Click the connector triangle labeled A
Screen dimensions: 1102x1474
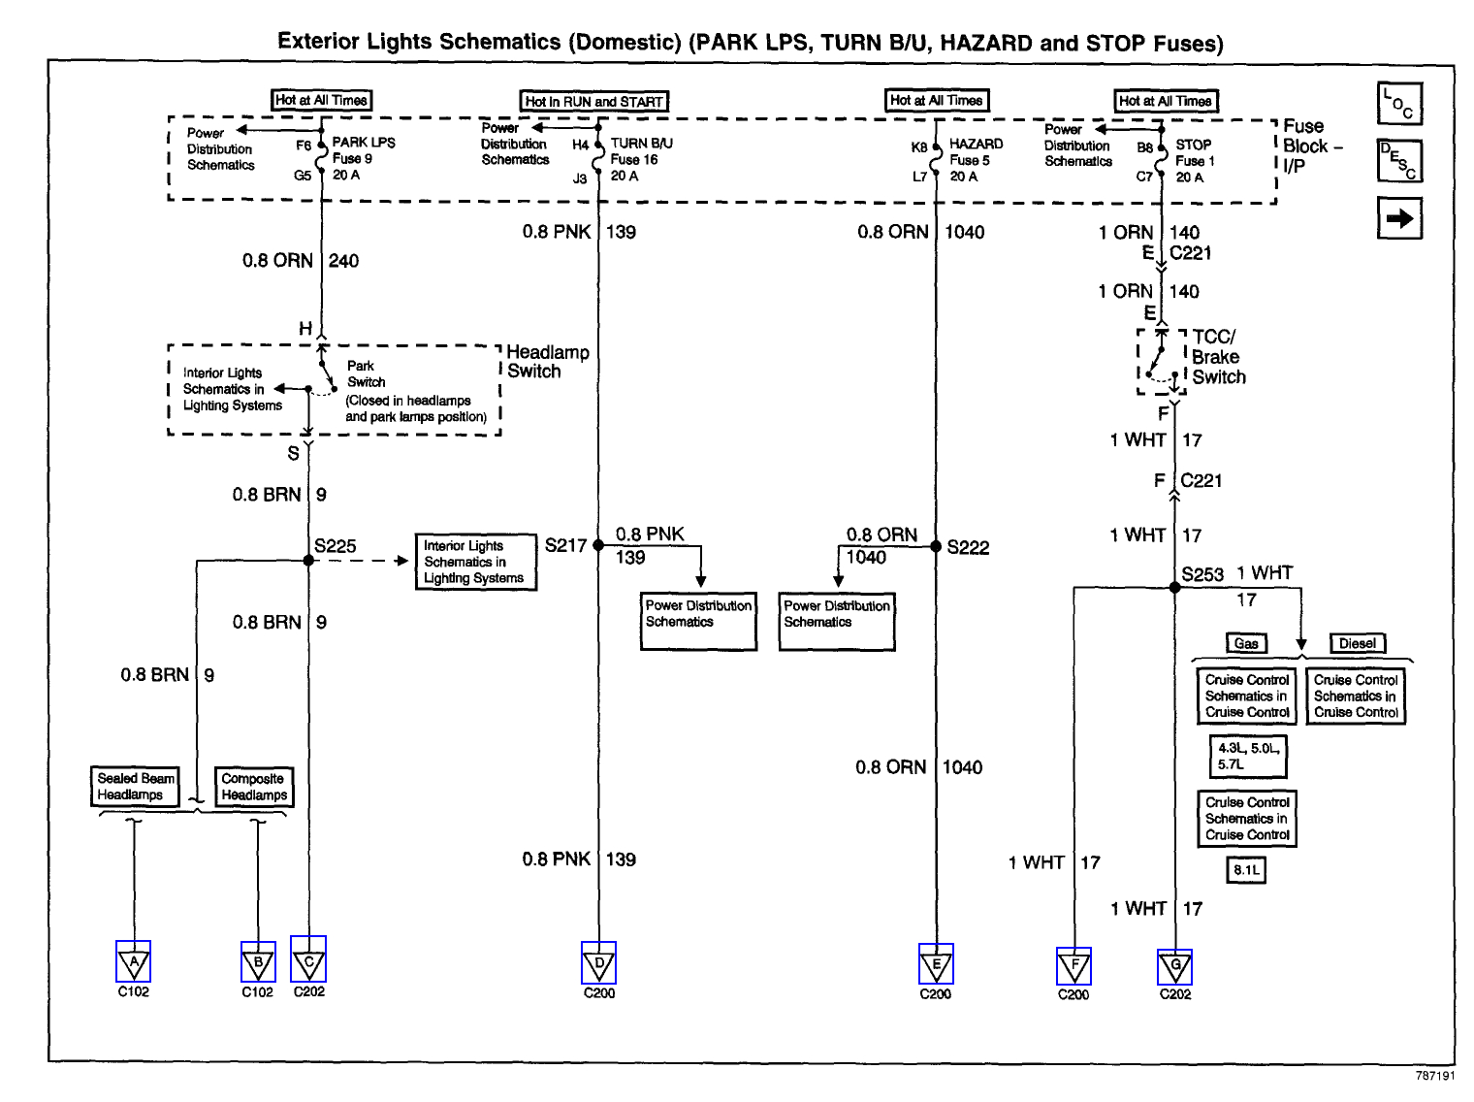(133, 962)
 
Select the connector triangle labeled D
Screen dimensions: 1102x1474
(598, 963)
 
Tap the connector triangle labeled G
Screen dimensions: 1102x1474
(1175, 966)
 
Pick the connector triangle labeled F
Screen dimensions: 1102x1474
(1073, 966)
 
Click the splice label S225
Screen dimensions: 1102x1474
(336, 546)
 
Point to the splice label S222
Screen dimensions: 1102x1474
(968, 547)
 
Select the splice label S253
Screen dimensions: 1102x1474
(1202, 574)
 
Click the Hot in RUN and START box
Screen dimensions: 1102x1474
(594, 101)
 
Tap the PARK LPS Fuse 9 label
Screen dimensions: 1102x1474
(363, 158)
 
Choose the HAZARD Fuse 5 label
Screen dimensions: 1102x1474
(976, 160)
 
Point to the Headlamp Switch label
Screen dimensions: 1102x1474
(547, 362)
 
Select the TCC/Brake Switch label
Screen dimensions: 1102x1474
(1218, 357)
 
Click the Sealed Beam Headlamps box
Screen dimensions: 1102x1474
(136, 787)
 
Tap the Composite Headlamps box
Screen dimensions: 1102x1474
(253, 787)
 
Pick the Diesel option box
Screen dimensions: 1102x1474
(1357, 643)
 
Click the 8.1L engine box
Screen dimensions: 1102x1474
(1246, 870)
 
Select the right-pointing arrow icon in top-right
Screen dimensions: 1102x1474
(1399, 218)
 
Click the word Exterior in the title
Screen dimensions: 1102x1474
(321, 42)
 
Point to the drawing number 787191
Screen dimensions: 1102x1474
(1434, 1076)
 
